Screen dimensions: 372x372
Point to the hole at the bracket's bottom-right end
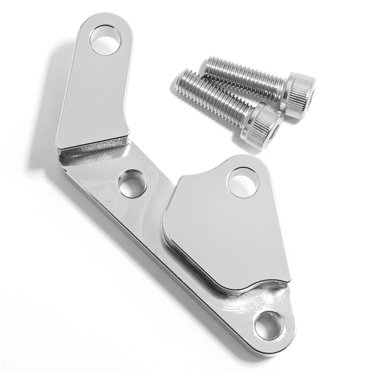(269, 326)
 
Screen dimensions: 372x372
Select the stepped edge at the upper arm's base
(93, 146)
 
